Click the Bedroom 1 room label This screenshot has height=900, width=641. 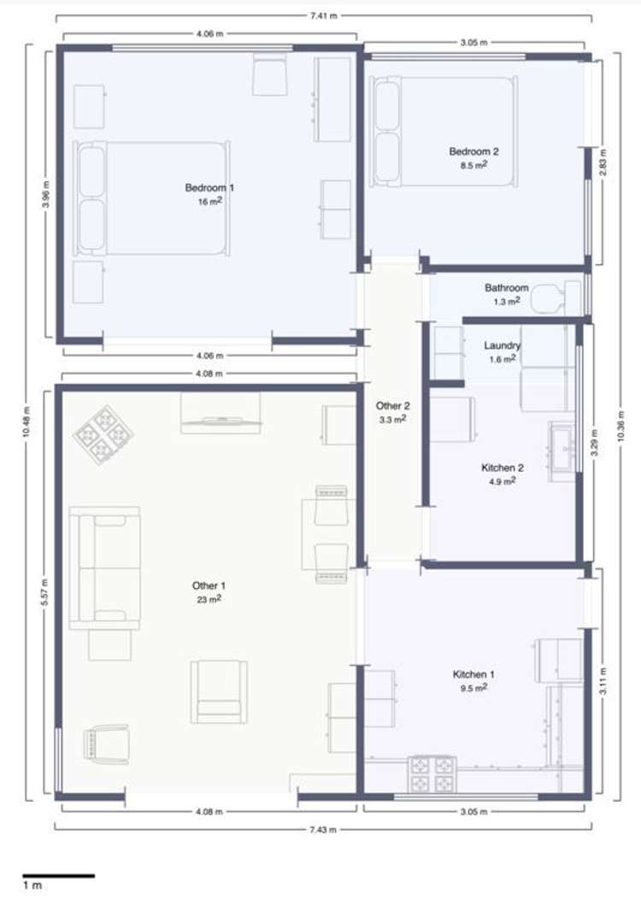pos(209,188)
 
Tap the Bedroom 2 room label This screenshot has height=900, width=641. pos(473,151)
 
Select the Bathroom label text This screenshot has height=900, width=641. pos(506,287)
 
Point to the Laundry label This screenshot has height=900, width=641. pos(503,345)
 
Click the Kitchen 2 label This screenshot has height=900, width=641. pos(503,468)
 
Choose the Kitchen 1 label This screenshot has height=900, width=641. pos(473,674)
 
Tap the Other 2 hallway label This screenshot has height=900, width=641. pos(392,406)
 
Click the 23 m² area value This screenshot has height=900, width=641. pos(209,599)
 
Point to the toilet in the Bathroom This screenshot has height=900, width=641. pos(556,297)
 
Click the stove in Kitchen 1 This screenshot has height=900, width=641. pos(432,774)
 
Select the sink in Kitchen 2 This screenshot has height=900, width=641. pos(562,451)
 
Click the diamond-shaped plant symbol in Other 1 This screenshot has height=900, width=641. pos(103,435)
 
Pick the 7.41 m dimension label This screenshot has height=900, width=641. pos(323,15)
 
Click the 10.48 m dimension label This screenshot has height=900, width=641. pos(27,422)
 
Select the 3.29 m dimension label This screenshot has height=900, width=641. pos(595,443)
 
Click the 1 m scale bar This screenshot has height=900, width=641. pos(58,876)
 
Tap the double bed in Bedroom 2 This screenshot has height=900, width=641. pos(444,132)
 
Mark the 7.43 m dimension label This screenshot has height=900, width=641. pos(322,829)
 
